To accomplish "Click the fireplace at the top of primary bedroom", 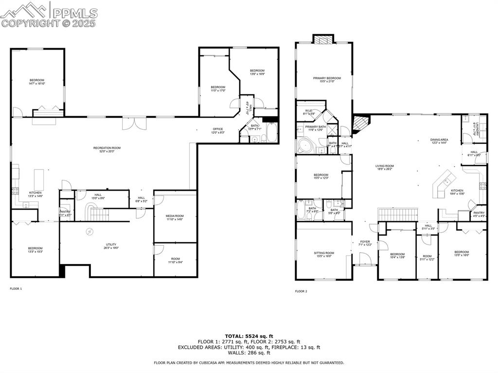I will pyautogui.click(x=323, y=40).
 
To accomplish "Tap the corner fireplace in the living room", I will pyautogui.click(x=360, y=124).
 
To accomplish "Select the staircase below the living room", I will pyautogui.click(x=398, y=213).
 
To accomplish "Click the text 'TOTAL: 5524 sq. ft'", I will pyautogui.click(x=249, y=336).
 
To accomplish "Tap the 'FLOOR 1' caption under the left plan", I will pyautogui.click(x=16, y=288).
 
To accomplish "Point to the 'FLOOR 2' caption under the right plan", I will pyautogui.click(x=301, y=291).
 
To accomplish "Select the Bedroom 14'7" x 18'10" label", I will pyautogui.click(x=37, y=82).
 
